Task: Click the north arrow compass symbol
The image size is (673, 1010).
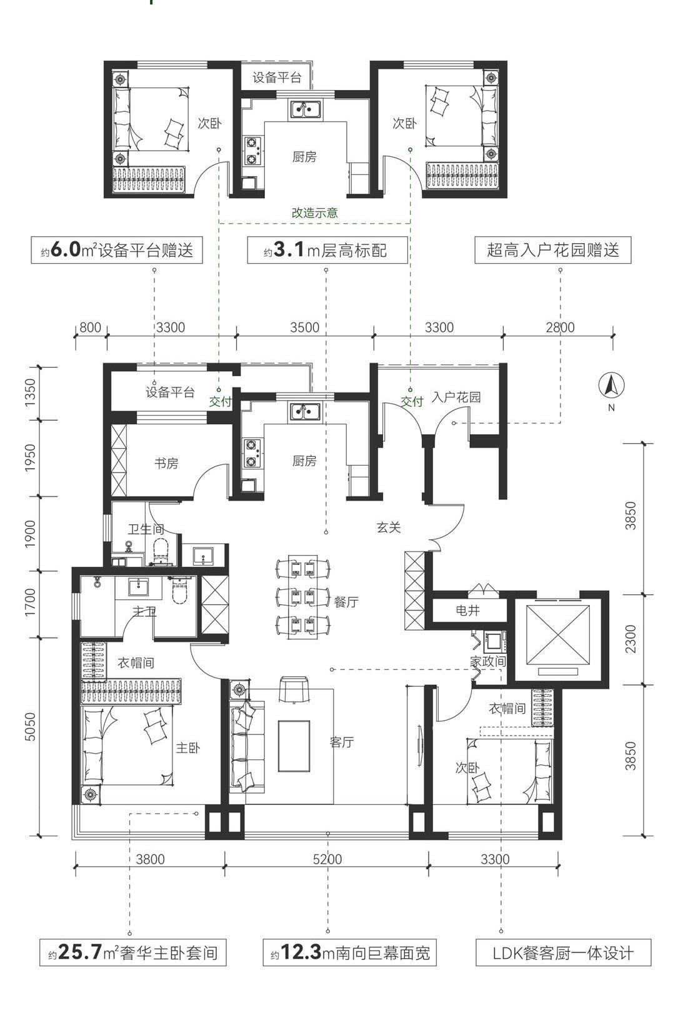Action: pos(611,387)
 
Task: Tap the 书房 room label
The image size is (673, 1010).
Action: pos(166,463)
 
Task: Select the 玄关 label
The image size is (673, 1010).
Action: pos(389,527)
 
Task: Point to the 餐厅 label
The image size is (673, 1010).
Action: pos(346,602)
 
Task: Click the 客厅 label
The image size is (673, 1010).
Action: pos(342,742)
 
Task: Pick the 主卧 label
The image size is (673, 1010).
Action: pos(188,748)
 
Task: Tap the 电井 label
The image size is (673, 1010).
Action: pos(467,611)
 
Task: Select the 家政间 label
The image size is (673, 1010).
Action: pos(488,661)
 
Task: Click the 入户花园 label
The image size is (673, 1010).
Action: pos(456,397)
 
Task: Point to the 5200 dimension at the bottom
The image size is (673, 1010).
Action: pos(327,859)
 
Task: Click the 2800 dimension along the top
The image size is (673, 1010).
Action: pos(561,327)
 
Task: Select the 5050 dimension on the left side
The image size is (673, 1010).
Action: pos(30,727)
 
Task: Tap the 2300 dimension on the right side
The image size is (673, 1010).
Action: pos(631,639)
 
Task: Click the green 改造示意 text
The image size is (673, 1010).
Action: pos(315,213)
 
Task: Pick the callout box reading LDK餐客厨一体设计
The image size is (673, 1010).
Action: pos(564,952)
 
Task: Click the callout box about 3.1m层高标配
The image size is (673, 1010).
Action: pos(327,250)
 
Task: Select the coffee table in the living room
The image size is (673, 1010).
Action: pos(294,746)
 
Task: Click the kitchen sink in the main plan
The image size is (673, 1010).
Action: pos(306,412)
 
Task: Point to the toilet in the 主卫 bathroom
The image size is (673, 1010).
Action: pos(182,590)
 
